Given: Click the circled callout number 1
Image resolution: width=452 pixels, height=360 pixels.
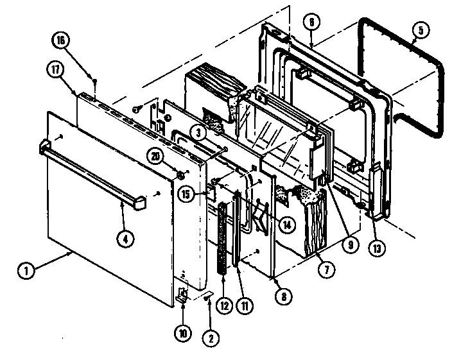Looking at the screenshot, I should [26, 270].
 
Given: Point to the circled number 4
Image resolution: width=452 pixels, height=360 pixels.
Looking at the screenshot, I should [126, 239].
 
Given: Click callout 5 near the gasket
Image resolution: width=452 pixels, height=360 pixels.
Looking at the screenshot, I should [419, 28].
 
